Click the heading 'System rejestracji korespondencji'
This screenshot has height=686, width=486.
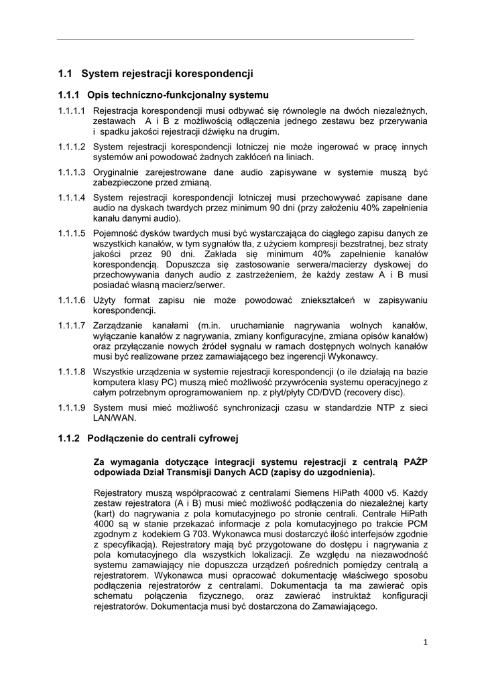coord(167,73)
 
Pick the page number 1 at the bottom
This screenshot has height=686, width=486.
coord(426,642)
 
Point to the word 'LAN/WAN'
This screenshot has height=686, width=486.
coord(115,417)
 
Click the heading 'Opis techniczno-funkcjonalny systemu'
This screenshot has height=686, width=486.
coord(178,94)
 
